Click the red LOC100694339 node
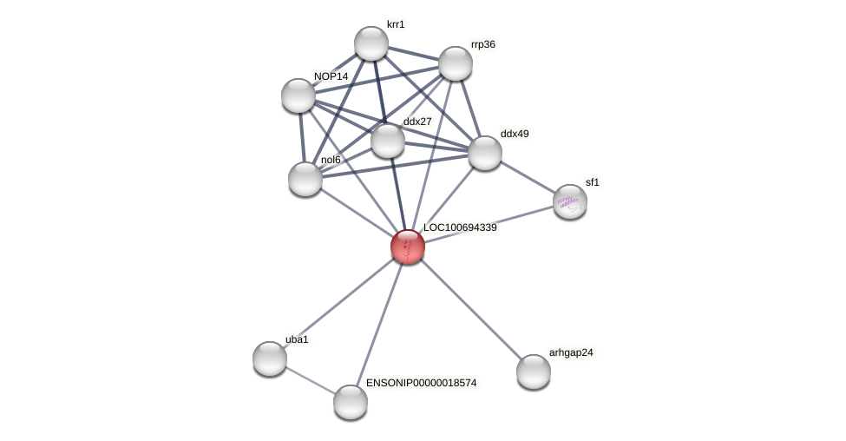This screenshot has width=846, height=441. [x=407, y=247]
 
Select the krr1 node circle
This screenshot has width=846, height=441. [x=371, y=43]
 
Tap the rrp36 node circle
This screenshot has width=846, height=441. [x=456, y=63]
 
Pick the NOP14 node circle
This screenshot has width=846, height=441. [x=298, y=95]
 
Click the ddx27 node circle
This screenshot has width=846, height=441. [x=388, y=141]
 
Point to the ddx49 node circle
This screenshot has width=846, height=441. [x=485, y=153]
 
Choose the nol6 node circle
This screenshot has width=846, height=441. [x=305, y=179]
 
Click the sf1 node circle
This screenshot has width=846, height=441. [x=570, y=201]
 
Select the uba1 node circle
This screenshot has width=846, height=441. [x=270, y=359]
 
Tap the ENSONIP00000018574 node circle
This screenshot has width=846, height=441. [x=351, y=402]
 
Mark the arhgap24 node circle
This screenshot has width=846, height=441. [x=534, y=372]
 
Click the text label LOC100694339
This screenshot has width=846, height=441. [x=460, y=227]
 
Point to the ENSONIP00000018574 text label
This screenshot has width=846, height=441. [x=421, y=383]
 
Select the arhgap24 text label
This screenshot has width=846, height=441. [x=571, y=352]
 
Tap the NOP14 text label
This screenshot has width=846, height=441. [x=331, y=76]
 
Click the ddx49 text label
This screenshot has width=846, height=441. [x=515, y=134]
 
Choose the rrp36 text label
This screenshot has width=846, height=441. [x=483, y=44]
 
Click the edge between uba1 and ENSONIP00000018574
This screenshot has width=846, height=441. [x=310, y=380]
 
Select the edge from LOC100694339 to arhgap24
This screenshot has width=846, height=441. [x=470, y=309]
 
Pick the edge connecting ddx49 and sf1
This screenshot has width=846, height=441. [x=528, y=177]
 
